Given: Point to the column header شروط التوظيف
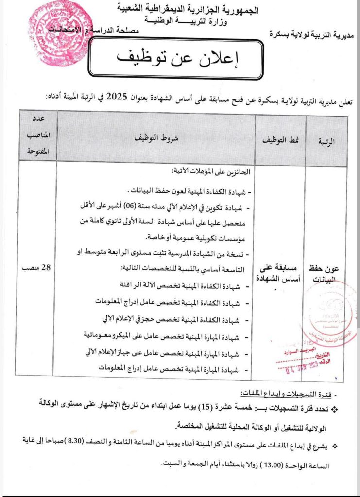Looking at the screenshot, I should pyautogui.click(x=156, y=138).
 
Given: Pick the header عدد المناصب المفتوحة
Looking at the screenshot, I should pyautogui.click(x=38, y=138).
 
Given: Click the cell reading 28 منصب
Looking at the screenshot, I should pyautogui.click(x=38, y=267).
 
